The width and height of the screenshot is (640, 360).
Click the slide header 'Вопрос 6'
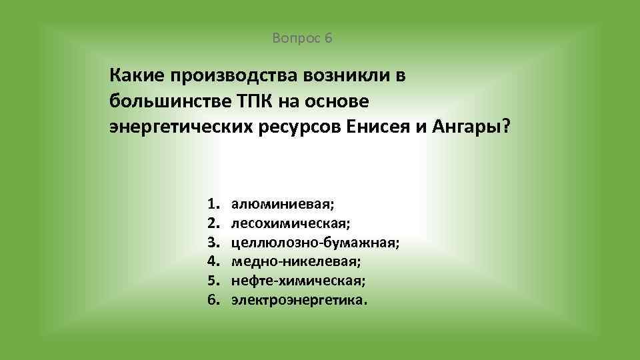pos(302,38)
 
